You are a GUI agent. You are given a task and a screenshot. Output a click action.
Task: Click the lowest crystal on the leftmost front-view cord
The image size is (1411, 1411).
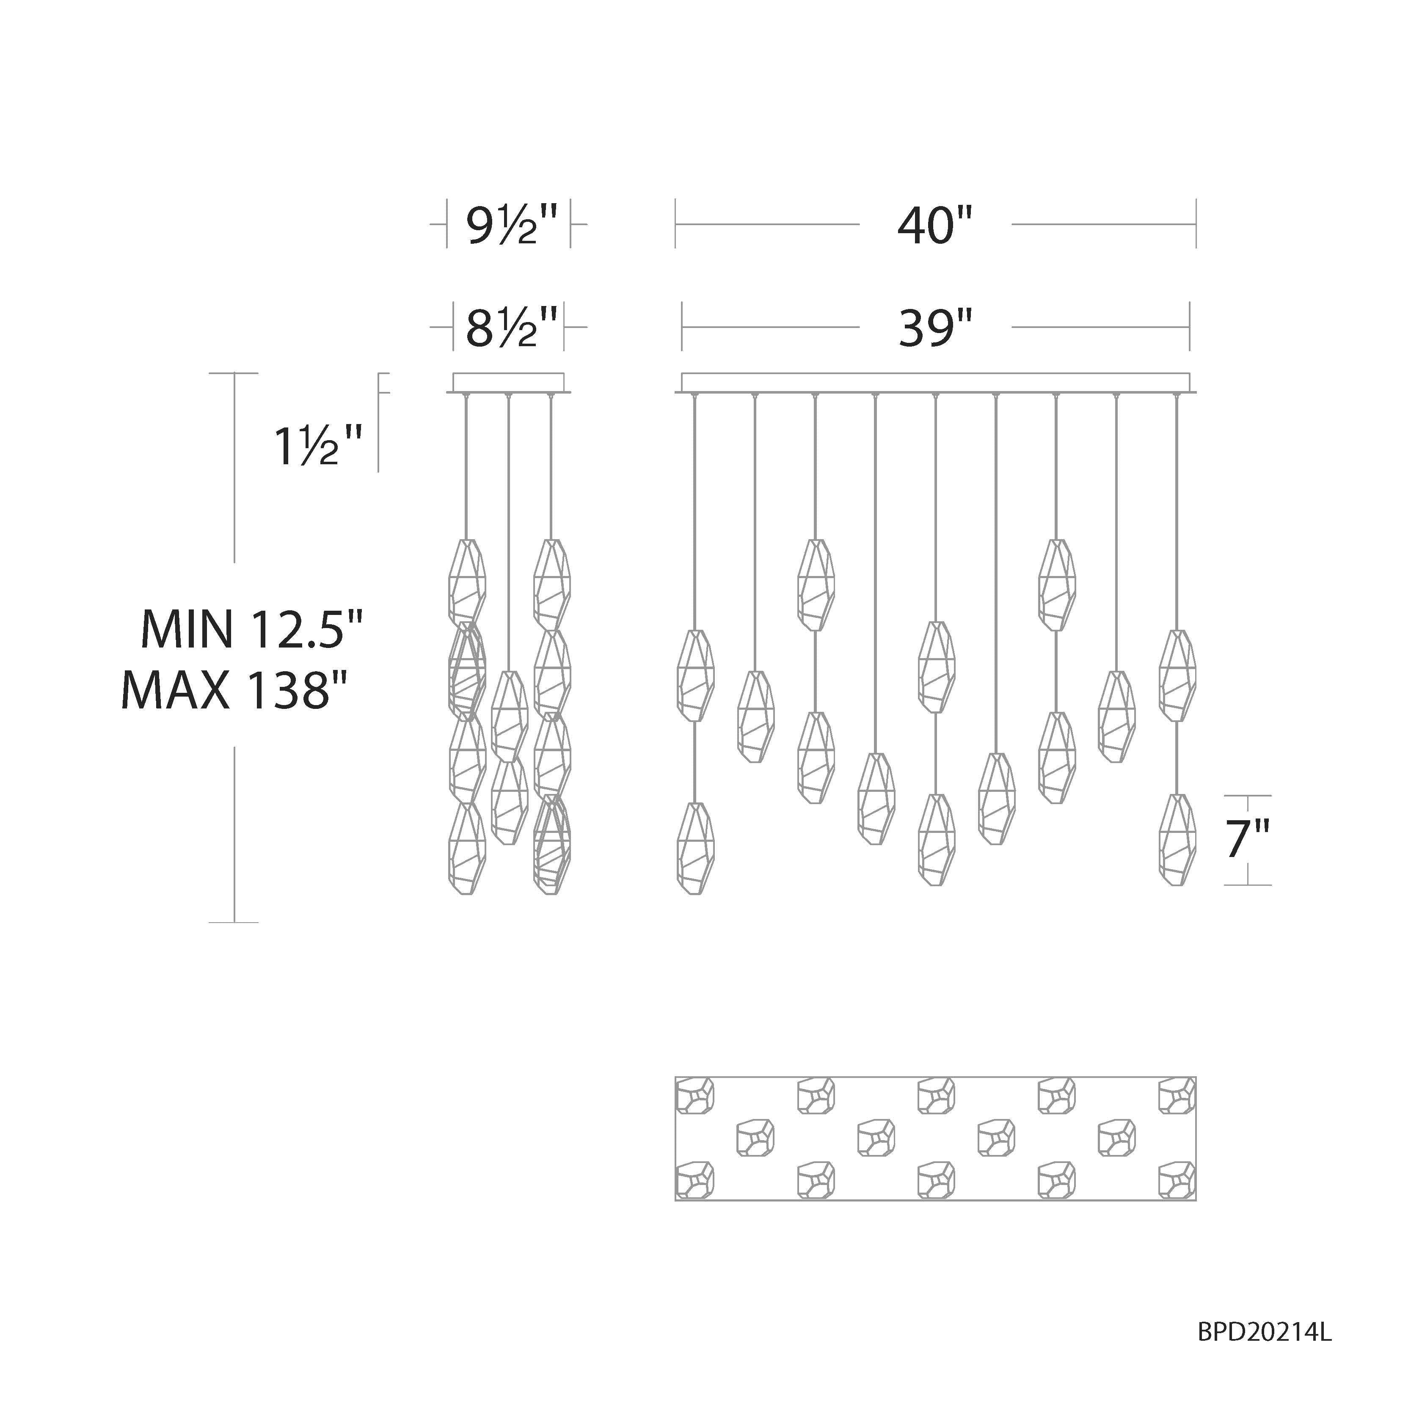tap(695, 849)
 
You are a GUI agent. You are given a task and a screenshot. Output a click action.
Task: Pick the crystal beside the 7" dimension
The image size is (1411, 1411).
tap(1177, 840)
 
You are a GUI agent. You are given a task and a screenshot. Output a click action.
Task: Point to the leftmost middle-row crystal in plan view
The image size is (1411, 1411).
tap(755, 1137)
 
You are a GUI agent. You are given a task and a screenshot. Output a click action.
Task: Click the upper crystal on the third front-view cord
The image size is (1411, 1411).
tap(816, 584)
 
